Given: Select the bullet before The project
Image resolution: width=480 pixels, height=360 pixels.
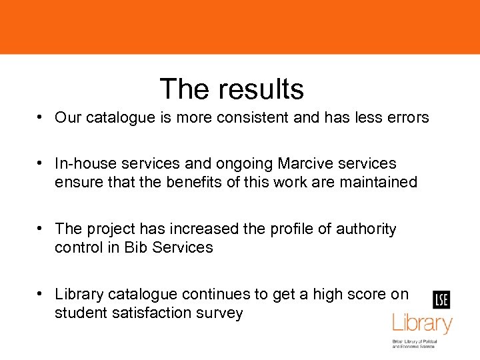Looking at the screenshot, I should coord(41,228).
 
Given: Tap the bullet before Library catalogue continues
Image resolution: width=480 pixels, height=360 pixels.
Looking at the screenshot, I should coord(41,293).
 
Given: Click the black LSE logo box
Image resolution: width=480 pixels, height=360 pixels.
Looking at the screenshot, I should coord(441,300).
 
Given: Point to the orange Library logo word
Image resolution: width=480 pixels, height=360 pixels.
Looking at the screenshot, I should coord(422,325).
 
